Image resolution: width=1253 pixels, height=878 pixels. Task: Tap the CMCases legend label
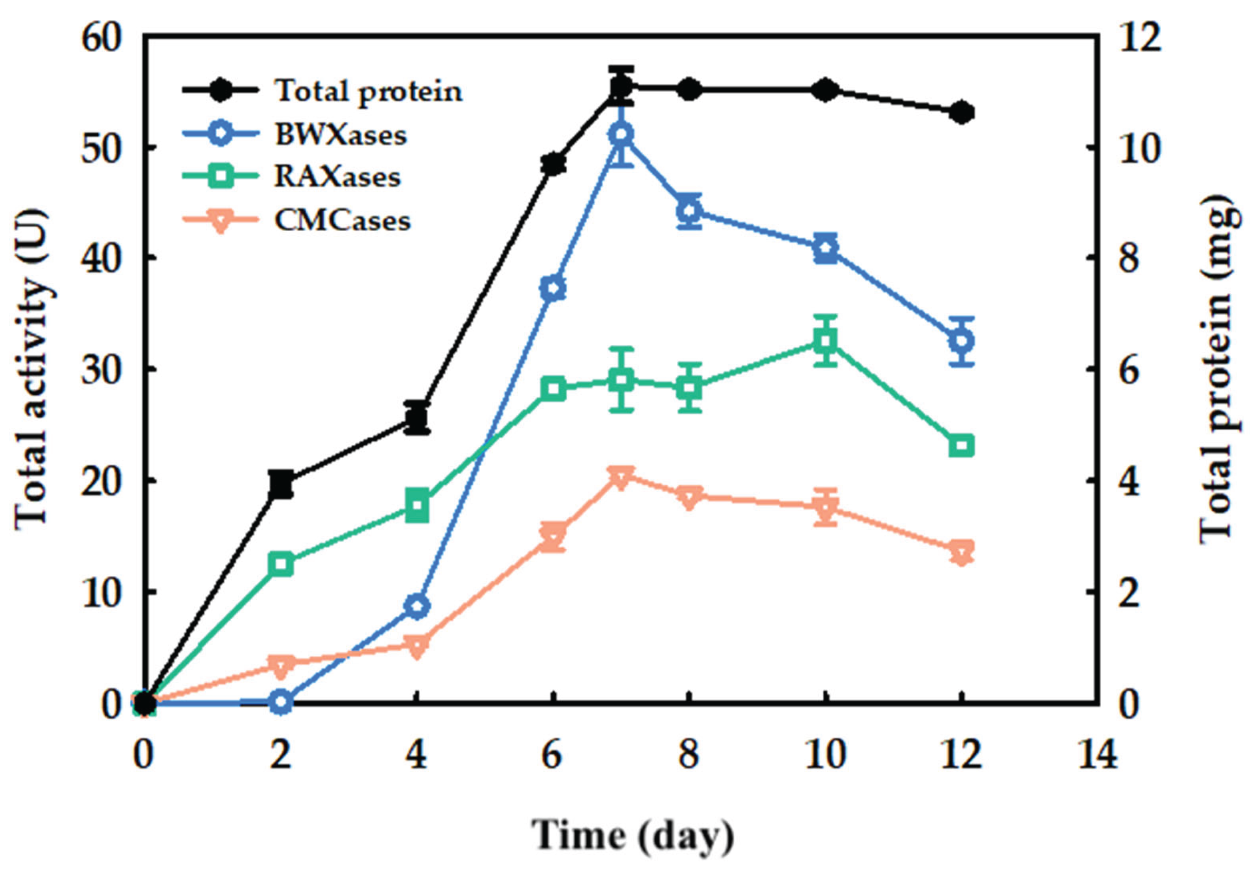(342, 221)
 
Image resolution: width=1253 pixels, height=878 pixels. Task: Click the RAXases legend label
(337, 177)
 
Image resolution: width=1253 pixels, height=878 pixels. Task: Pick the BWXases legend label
(341, 134)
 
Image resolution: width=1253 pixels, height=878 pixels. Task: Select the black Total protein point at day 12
(962, 113)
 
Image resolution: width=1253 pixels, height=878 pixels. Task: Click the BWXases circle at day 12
(962, 341)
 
